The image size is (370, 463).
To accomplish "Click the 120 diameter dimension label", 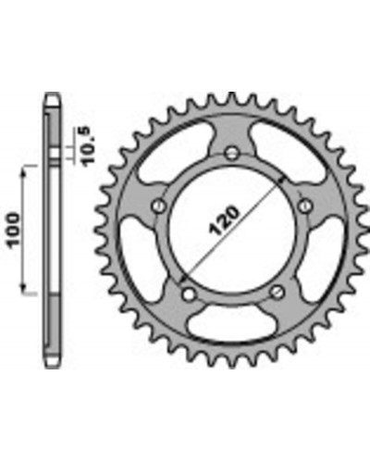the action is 224,220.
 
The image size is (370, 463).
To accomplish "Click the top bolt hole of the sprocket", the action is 232,153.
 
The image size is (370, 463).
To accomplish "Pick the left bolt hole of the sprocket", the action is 159,205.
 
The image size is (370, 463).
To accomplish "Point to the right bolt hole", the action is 305,205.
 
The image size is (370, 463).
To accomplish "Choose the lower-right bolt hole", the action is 277,293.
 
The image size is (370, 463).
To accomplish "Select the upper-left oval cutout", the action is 173,151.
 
